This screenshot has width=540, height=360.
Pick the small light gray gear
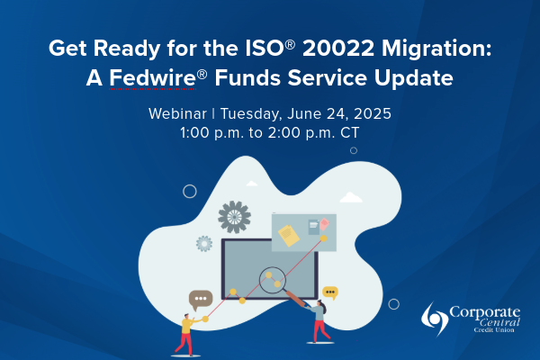pos(204,243)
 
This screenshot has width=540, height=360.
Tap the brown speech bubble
pos(200,299)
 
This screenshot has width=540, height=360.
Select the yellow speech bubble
pos(330,292)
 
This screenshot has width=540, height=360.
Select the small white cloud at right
pos(350,197)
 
